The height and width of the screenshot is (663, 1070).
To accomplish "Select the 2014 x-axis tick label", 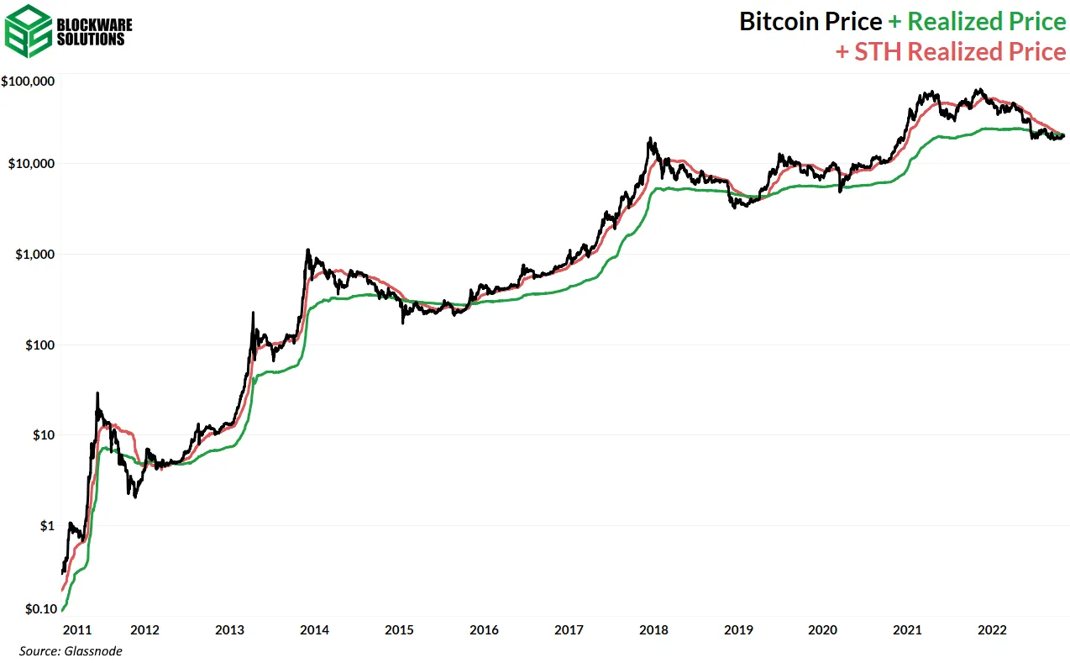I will (314, 629).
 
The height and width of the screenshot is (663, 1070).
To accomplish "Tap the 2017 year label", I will (569, 629).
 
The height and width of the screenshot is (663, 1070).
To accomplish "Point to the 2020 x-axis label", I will (823, 629).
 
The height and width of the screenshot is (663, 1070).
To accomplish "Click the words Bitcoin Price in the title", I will (810, 21).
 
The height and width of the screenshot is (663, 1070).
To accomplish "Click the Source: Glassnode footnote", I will (70, 651).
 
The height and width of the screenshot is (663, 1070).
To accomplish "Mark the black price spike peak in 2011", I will (97, 392).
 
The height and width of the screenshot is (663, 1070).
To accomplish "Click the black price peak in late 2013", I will (307, 250).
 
